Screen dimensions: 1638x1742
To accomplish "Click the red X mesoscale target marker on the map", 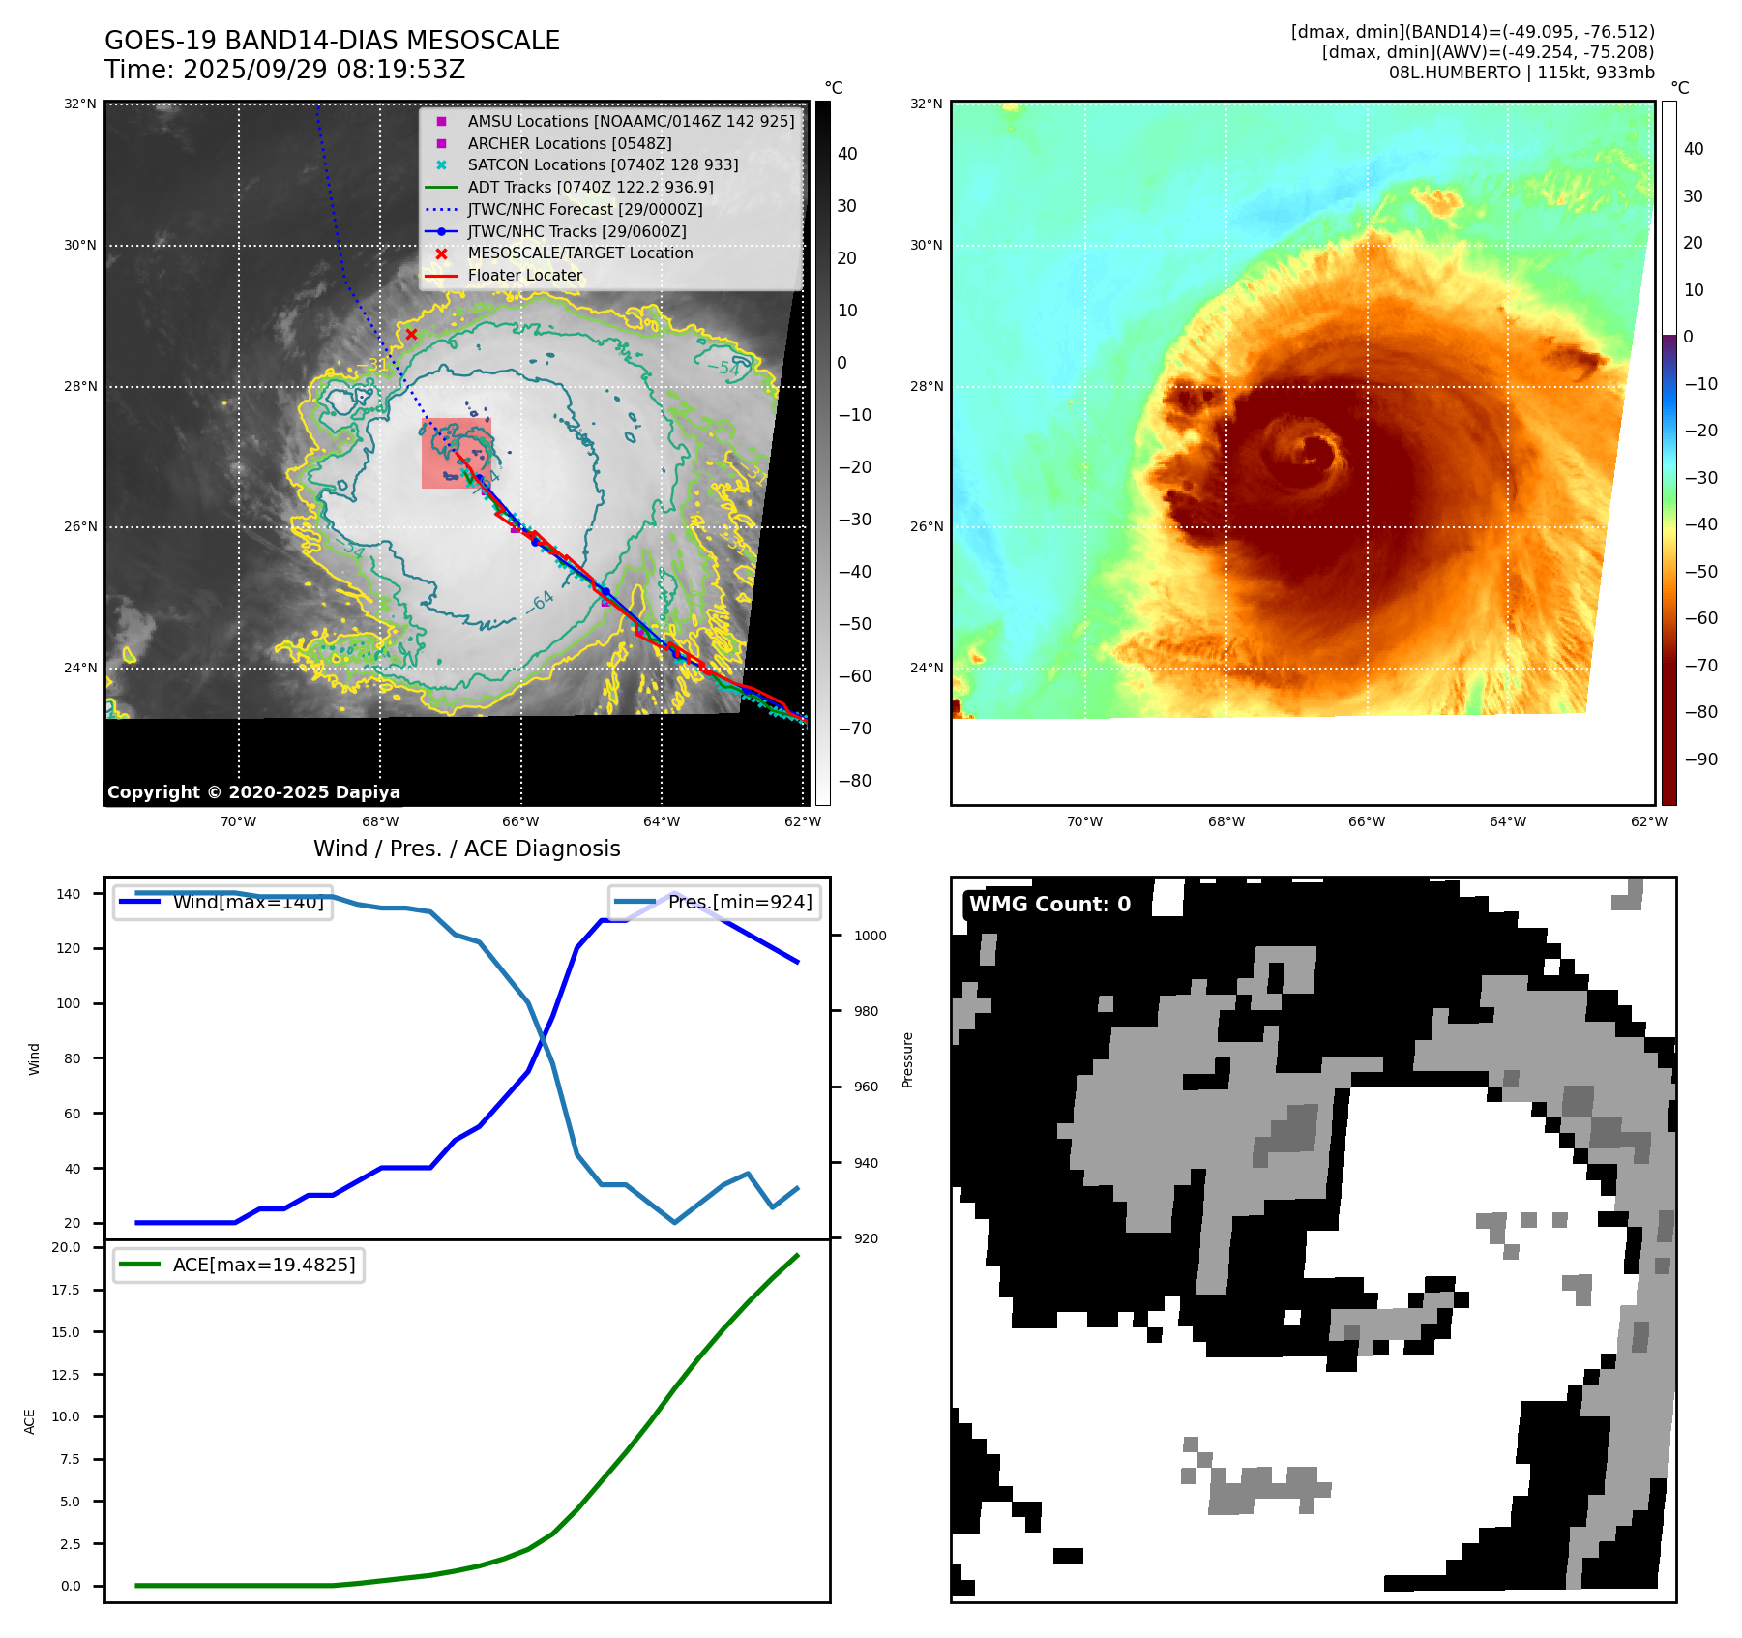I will tap(411, 335).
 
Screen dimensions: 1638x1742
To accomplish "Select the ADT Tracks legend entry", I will tap(590, 187).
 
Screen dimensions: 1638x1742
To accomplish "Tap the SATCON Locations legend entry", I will tap(603, 165).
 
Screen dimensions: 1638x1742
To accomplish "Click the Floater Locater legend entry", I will tap(524, 276).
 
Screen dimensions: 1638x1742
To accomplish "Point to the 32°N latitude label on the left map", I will tap(80, 104).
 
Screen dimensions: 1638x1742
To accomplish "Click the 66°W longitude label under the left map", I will tap(520, 821).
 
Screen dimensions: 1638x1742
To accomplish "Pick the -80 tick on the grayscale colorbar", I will tap(854, 781).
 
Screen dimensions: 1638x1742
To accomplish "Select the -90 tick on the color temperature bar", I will tap(1700, 759).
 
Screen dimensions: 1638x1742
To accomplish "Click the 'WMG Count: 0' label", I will tap(1049, 905).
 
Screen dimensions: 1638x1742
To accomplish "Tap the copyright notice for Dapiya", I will tap(253, 792).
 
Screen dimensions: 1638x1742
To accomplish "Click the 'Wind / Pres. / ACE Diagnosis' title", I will tap(466, 849).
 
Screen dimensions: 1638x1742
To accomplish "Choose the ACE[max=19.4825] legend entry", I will tap(263, 1265).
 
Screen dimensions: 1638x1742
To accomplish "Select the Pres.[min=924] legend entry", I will tap(740, 902).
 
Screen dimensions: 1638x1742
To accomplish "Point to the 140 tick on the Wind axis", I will tap(69, 894).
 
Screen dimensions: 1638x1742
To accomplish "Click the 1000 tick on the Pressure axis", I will tap(870, 936).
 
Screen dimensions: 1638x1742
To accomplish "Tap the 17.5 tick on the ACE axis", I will tap(70, 1290).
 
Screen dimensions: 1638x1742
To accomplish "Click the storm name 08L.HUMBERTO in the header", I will tap(1448, 73).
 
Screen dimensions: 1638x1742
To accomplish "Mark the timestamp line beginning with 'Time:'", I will tap(284, 70).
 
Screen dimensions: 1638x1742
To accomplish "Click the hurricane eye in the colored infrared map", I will tap(1313, 452).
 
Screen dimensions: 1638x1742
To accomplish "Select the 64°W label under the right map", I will tap(1507, 821).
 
